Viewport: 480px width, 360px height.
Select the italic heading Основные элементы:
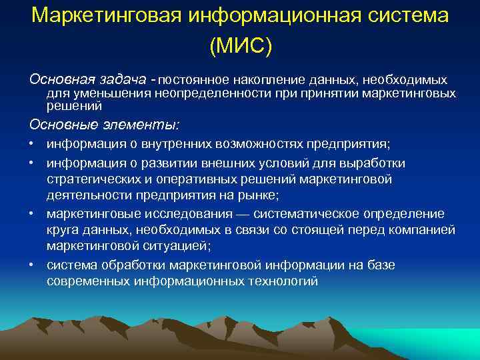coord(104,124)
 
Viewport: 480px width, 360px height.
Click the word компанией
coord(424,230)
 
